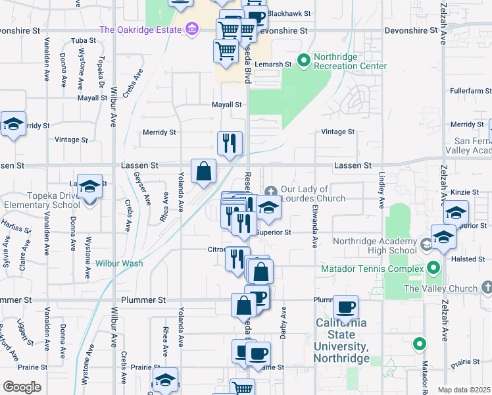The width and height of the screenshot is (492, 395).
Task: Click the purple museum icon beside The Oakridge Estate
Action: pyautogui.click(x=192, y=29)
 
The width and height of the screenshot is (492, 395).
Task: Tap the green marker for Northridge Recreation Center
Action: pyautogui.click(x=304, y=61)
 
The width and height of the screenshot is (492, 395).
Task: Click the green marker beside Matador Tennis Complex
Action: pyautogui.click(x=433, y=268)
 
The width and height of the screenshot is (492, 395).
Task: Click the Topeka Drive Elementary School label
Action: pyautogui.click(x=43, y=200)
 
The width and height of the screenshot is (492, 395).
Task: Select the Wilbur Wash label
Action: pyautogui.click(x=119, y=263)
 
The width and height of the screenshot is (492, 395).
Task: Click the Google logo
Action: pyautogui.click(x=22, y=386)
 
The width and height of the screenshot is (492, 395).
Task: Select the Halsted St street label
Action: pyautogui.click(x=468, y=259)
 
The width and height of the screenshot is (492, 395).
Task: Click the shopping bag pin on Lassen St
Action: pyautogui.click(x=204, y=171)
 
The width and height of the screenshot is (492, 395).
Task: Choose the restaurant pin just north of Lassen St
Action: pyautogui.click(x=230, y=143)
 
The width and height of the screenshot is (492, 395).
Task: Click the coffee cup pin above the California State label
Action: pyautogui.click(x=345, y=307)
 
